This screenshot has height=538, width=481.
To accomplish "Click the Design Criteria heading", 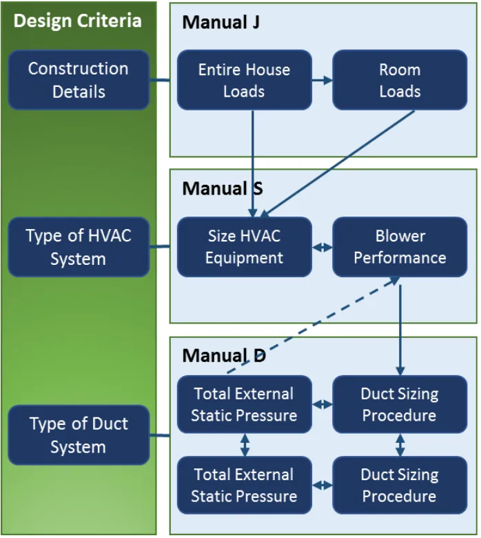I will pos(77,21).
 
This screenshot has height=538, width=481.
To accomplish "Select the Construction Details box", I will pos(79,80).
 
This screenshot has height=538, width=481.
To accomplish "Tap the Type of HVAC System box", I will pos(79,247).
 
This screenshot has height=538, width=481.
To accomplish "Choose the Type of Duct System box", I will pos(79,435).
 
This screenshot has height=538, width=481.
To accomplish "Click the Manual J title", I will pos(221,23).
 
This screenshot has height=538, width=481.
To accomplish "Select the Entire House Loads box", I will pos(244,80).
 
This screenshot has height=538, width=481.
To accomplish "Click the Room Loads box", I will pos(400,80).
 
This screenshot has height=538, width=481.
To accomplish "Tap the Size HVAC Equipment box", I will pos(244,247).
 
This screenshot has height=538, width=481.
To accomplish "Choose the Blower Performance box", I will pos(400,247).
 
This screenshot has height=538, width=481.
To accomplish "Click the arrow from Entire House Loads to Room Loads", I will pos(322,80).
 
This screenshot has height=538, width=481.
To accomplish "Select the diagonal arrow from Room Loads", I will pos(338,162).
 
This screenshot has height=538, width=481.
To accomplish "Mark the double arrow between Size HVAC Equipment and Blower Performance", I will pos(322,247).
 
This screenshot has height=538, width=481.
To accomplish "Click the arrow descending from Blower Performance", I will pos(400,324).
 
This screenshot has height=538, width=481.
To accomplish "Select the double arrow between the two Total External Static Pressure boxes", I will pos(245,445).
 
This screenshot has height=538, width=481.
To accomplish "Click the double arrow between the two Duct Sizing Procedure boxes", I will pos(400,445).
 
